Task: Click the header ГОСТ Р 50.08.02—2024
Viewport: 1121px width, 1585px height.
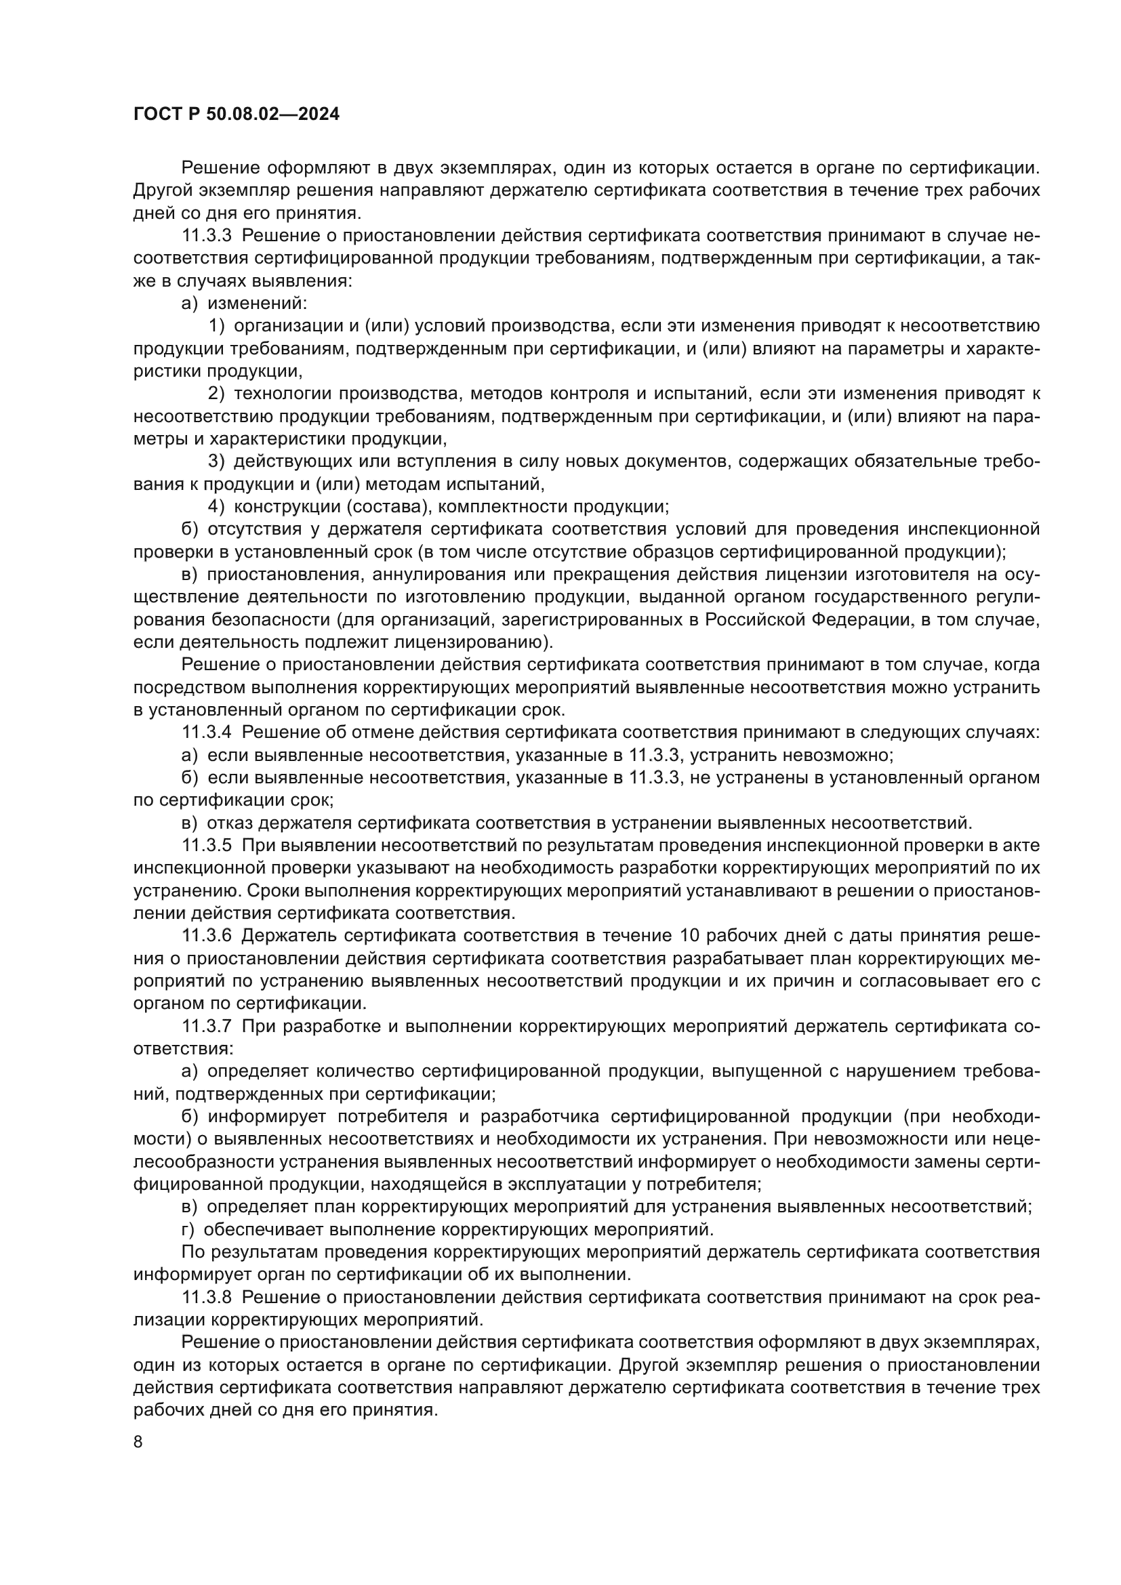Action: (236, 115)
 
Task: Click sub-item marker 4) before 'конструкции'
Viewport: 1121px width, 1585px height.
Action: (216, 507)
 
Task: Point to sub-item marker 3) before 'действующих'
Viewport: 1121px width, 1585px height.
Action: (216, 461)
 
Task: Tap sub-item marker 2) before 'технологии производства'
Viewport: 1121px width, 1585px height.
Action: (216, 394)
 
